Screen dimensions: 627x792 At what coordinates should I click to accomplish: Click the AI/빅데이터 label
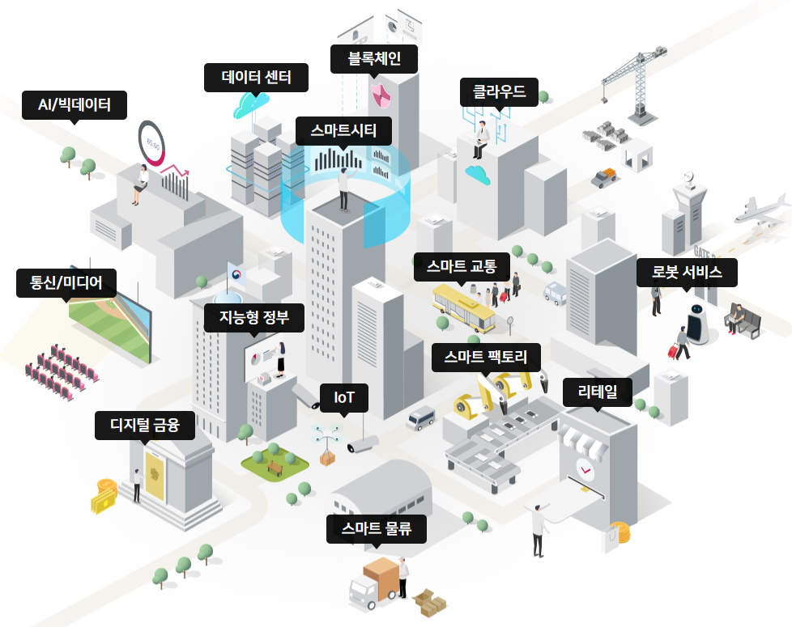click(x=75, y=104)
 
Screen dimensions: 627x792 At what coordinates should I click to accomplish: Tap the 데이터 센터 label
click(x=256, y=78)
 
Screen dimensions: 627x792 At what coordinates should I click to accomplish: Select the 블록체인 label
click(x=374, y=59)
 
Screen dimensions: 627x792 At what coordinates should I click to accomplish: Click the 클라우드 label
click(x=493, y=92)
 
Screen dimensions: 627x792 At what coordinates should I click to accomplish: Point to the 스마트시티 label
click(x=343, y=130)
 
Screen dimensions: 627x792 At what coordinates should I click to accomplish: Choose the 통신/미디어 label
click(x=66, y=282)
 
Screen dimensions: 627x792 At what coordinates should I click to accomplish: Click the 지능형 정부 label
click(x=253, y=318)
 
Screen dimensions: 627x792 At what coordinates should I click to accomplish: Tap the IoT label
click(x=344, y=398)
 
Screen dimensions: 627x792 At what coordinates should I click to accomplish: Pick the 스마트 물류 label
click(x=376, y=529)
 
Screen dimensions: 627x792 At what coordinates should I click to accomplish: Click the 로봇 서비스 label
click(x=687, y=272)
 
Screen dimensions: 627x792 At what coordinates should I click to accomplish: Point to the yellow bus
click(x=463, y=307)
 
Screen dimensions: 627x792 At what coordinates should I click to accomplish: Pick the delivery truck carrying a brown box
click(x=377, y=584)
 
